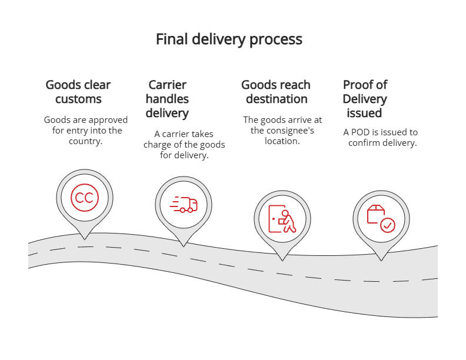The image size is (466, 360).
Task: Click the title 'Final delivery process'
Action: [x=229, y=39]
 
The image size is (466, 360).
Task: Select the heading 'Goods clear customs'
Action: [x=78, y=92]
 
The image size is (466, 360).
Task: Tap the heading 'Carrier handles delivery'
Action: [x=167, y=99]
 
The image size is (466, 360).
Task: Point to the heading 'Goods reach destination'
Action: [x=276, y=92]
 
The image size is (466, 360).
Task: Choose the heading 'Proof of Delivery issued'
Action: [x=365, y=99]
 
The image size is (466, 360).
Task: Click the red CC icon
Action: [x=85, y=198]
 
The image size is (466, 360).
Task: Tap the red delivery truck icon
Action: [x=184, y=205]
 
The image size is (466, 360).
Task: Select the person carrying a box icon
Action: [x=282, y=219]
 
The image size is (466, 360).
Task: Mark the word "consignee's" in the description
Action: [x=292, y=131]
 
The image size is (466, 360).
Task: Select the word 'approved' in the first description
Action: [x=109, y=120]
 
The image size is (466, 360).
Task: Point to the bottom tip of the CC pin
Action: [x=85, y=239]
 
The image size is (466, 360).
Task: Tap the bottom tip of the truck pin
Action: [x=184, y=246]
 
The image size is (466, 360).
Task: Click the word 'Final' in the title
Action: [x=170, y=39]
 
